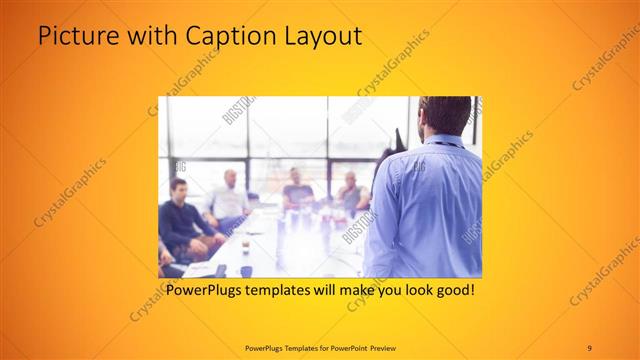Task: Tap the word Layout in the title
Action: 321,37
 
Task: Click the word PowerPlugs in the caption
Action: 203,291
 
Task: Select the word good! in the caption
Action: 452,291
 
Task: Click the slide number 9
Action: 589,347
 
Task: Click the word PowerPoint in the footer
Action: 343,347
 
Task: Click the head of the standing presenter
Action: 445,115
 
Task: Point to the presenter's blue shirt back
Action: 430,210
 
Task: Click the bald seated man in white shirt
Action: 230,195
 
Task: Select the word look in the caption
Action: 402,291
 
